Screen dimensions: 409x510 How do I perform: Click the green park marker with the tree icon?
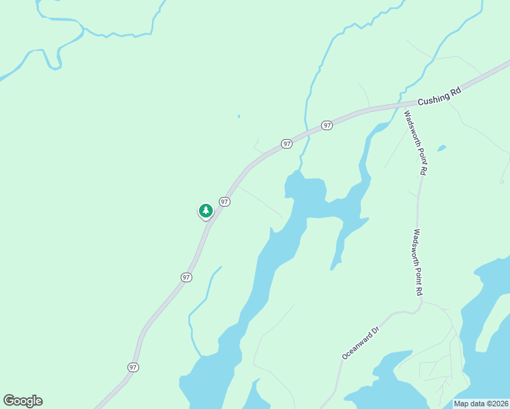(205, 211)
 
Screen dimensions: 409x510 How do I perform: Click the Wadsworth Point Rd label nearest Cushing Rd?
(415, 143)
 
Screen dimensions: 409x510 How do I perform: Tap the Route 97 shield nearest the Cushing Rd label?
(327, 125)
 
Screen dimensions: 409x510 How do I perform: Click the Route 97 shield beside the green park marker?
(224, 202)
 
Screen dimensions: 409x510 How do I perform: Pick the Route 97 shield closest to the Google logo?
(133, 367)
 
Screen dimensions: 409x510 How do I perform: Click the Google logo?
(22, 401)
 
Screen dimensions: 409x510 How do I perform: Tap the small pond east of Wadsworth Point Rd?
(442, 147)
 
